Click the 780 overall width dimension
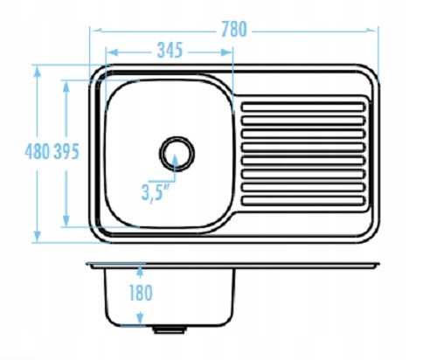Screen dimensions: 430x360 coord(234,30)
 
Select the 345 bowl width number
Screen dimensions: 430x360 coord(170,50)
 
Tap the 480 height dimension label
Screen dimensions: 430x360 coord(37,151)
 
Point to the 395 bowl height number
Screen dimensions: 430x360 coord(66,151)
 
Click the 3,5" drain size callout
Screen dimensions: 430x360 coord(156,192)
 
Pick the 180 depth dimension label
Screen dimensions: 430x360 coord(141,293)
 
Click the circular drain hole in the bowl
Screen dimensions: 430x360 coord(177,153)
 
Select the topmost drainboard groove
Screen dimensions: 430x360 coord(303,107)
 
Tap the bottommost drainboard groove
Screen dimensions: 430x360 coord(303,201)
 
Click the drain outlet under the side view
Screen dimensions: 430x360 coord(170,329)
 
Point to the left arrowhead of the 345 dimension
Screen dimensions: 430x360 coord(112,52)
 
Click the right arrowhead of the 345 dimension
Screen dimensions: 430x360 coord(226,52)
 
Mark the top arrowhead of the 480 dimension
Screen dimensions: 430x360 coord(37,72)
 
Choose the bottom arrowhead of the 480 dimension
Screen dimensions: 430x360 coord(37,236)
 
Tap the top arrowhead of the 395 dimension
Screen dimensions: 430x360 coord(66,87)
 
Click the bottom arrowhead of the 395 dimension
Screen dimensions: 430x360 coord(66,220)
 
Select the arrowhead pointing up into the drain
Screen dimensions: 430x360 coord(175,160)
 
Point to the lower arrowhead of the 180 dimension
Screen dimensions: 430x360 coord(140,318)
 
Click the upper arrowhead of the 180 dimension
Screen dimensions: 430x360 coord(140,271)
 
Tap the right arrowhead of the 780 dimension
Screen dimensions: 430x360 coord(371,30)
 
